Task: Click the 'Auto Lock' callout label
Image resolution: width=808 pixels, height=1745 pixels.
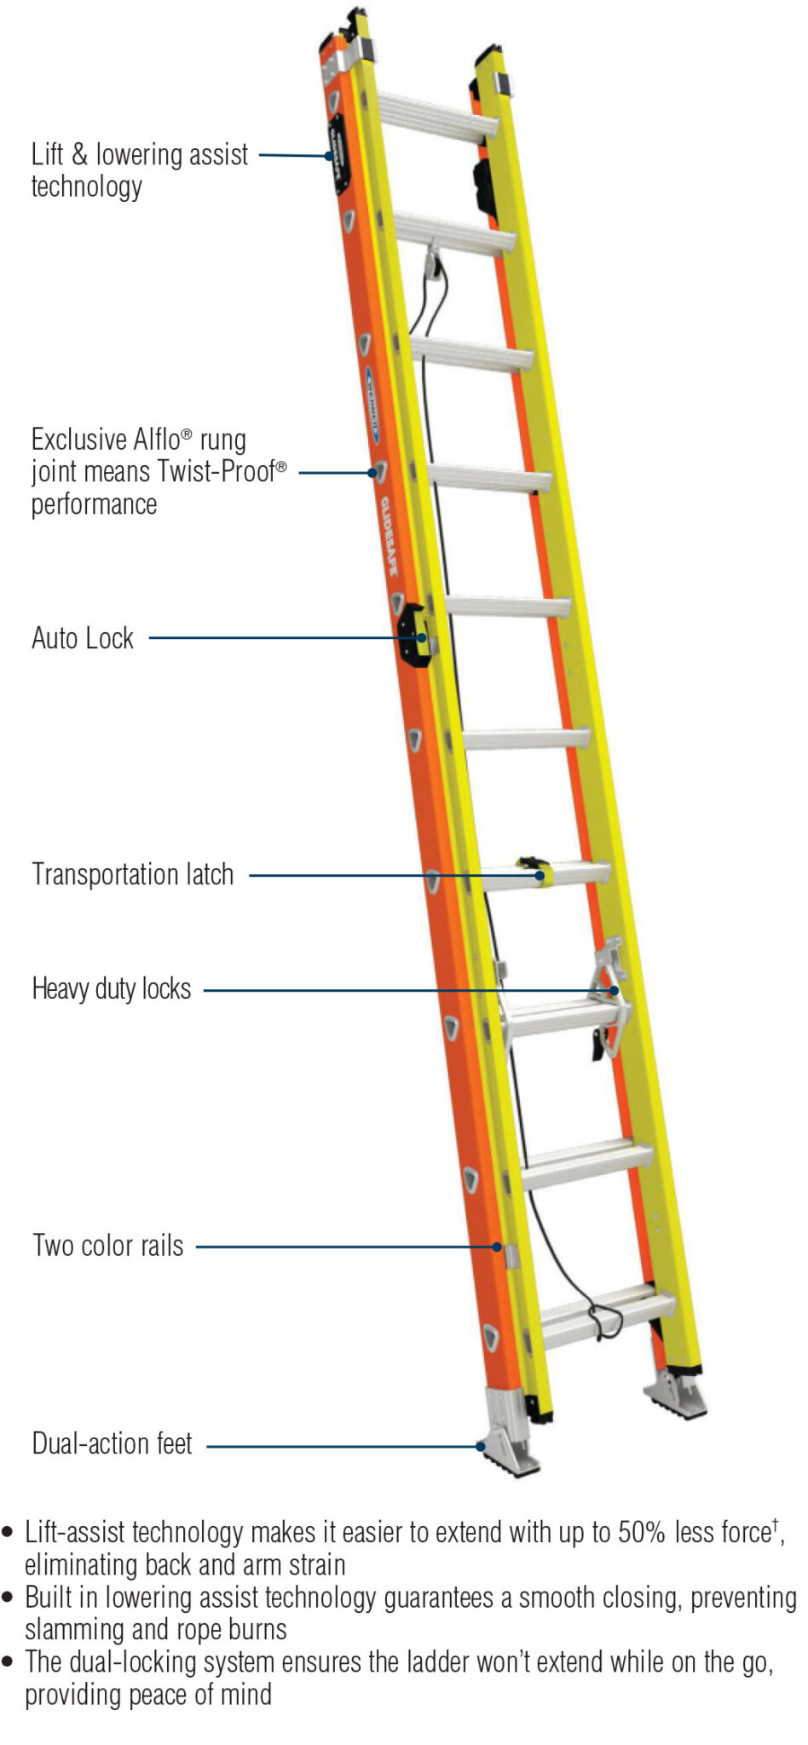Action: pos(83,638)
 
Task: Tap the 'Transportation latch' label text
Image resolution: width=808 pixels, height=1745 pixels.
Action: pos(132,874)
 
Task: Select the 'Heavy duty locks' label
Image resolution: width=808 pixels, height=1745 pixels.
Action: pos(112,988)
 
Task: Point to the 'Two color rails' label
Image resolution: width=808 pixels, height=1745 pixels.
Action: pos(108,1245)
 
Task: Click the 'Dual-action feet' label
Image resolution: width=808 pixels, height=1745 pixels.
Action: pos(112,1443)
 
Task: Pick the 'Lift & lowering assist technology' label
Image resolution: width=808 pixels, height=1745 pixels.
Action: pos(139,170)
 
